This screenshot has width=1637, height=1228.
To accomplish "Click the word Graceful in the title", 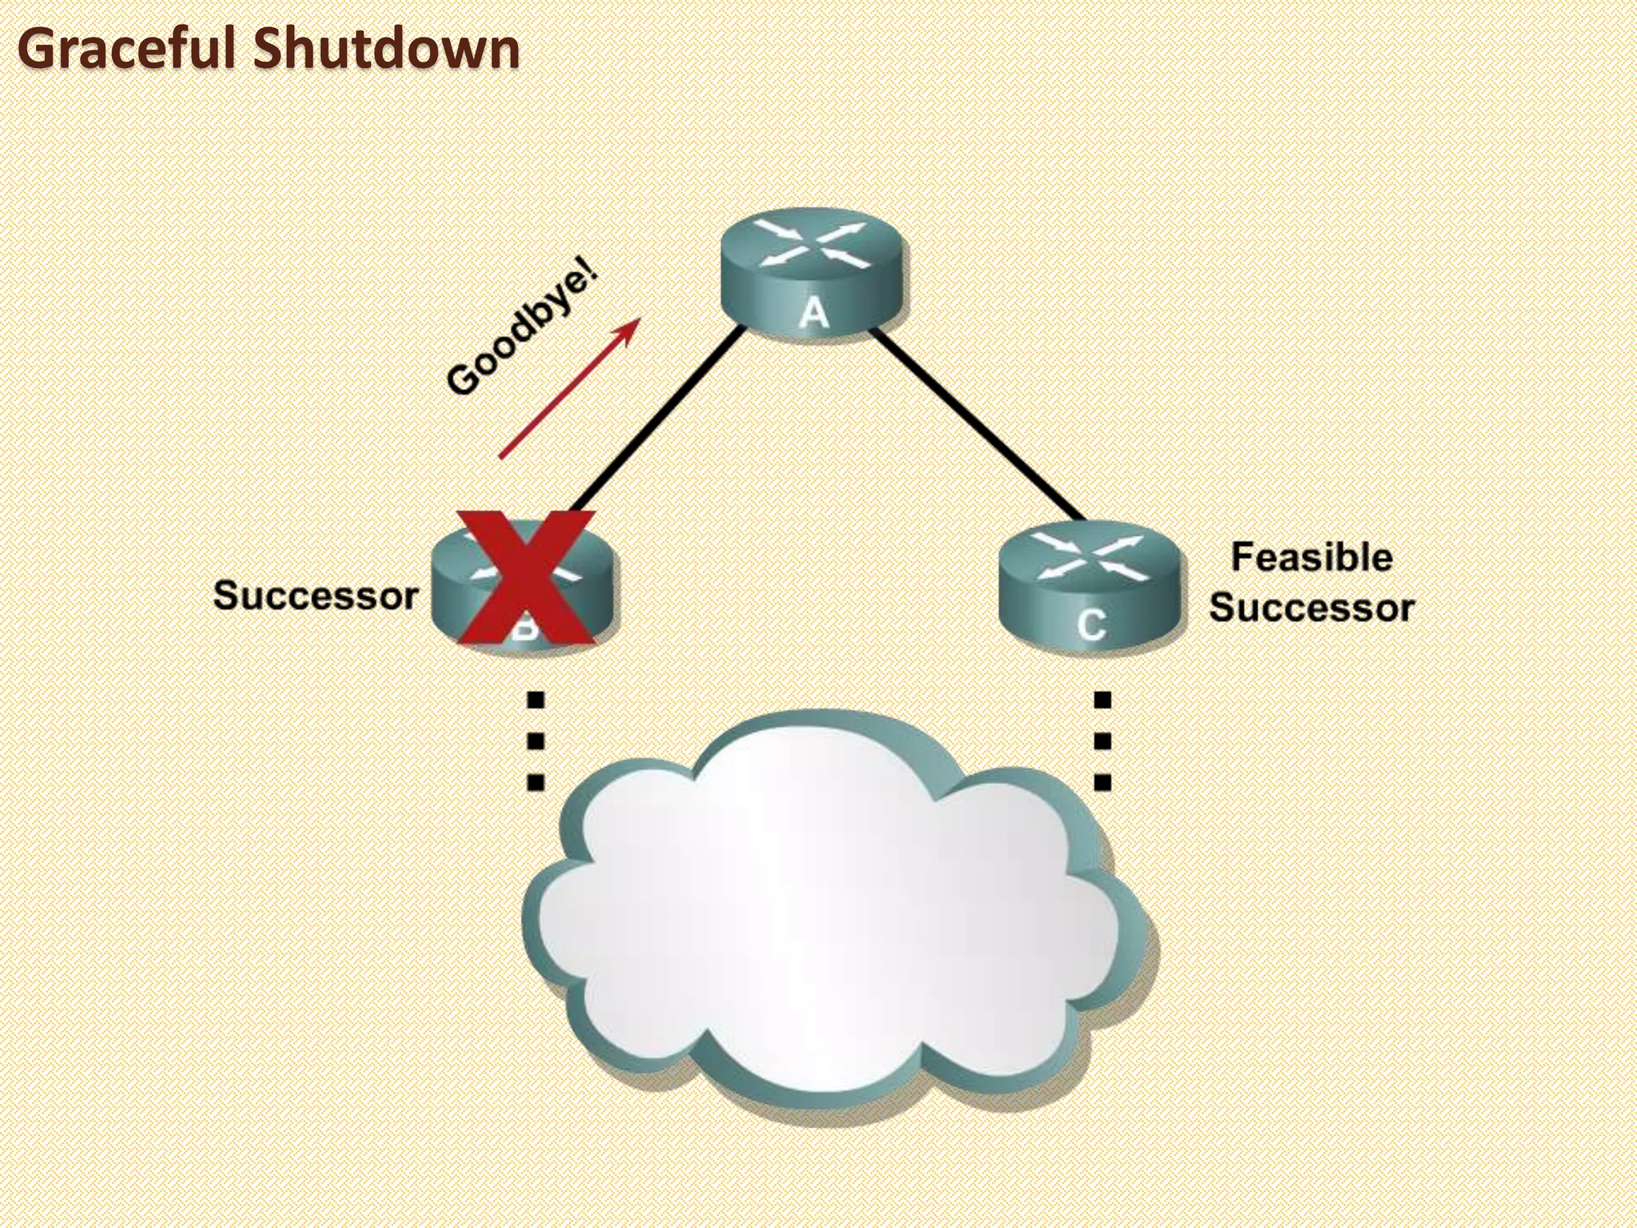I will [128, 50].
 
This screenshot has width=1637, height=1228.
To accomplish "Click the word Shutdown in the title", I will [387, 50].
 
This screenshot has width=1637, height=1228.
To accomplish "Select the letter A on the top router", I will [814, 312].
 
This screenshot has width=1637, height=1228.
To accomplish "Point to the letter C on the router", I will [1091, 624].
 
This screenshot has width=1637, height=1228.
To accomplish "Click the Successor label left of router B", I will [316, 596].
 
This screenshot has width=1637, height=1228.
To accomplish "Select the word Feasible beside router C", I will [1312, 557].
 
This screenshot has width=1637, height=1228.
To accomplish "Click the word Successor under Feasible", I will [1312, 607].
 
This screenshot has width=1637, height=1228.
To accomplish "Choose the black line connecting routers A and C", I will [977, 424].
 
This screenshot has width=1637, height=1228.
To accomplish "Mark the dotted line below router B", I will [536, 742].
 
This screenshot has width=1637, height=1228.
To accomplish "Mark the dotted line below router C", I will [1102, 742].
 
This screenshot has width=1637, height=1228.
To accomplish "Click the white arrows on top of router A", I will [813, 244].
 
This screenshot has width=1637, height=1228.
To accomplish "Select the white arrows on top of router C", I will [1090, 556].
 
